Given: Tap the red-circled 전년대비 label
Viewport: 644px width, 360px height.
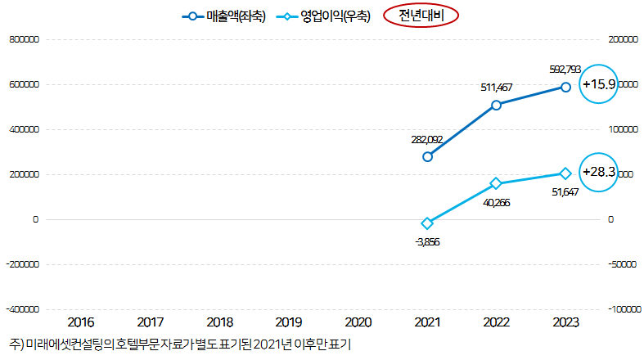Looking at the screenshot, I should point(421,16).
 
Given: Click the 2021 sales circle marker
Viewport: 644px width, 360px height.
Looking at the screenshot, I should point(427,156).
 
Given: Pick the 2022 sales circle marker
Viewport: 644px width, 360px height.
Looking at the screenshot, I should point(496,105).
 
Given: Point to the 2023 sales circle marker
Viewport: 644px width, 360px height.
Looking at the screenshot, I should point(565,86).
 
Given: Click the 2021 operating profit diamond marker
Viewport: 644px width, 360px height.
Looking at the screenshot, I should point(427,223).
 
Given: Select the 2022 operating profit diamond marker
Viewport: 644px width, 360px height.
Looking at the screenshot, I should point(496,183).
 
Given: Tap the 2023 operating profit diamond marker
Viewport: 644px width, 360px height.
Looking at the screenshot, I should point(565,173).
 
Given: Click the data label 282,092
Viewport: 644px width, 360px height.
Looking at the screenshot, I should point(426,139).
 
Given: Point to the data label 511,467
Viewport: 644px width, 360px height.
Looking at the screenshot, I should point(495,86).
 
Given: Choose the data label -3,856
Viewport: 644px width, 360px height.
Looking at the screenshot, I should point(427,242).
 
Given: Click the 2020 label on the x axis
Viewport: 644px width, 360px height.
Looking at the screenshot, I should point(358,322).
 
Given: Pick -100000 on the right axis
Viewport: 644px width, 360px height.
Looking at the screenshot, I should point(624,310).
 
